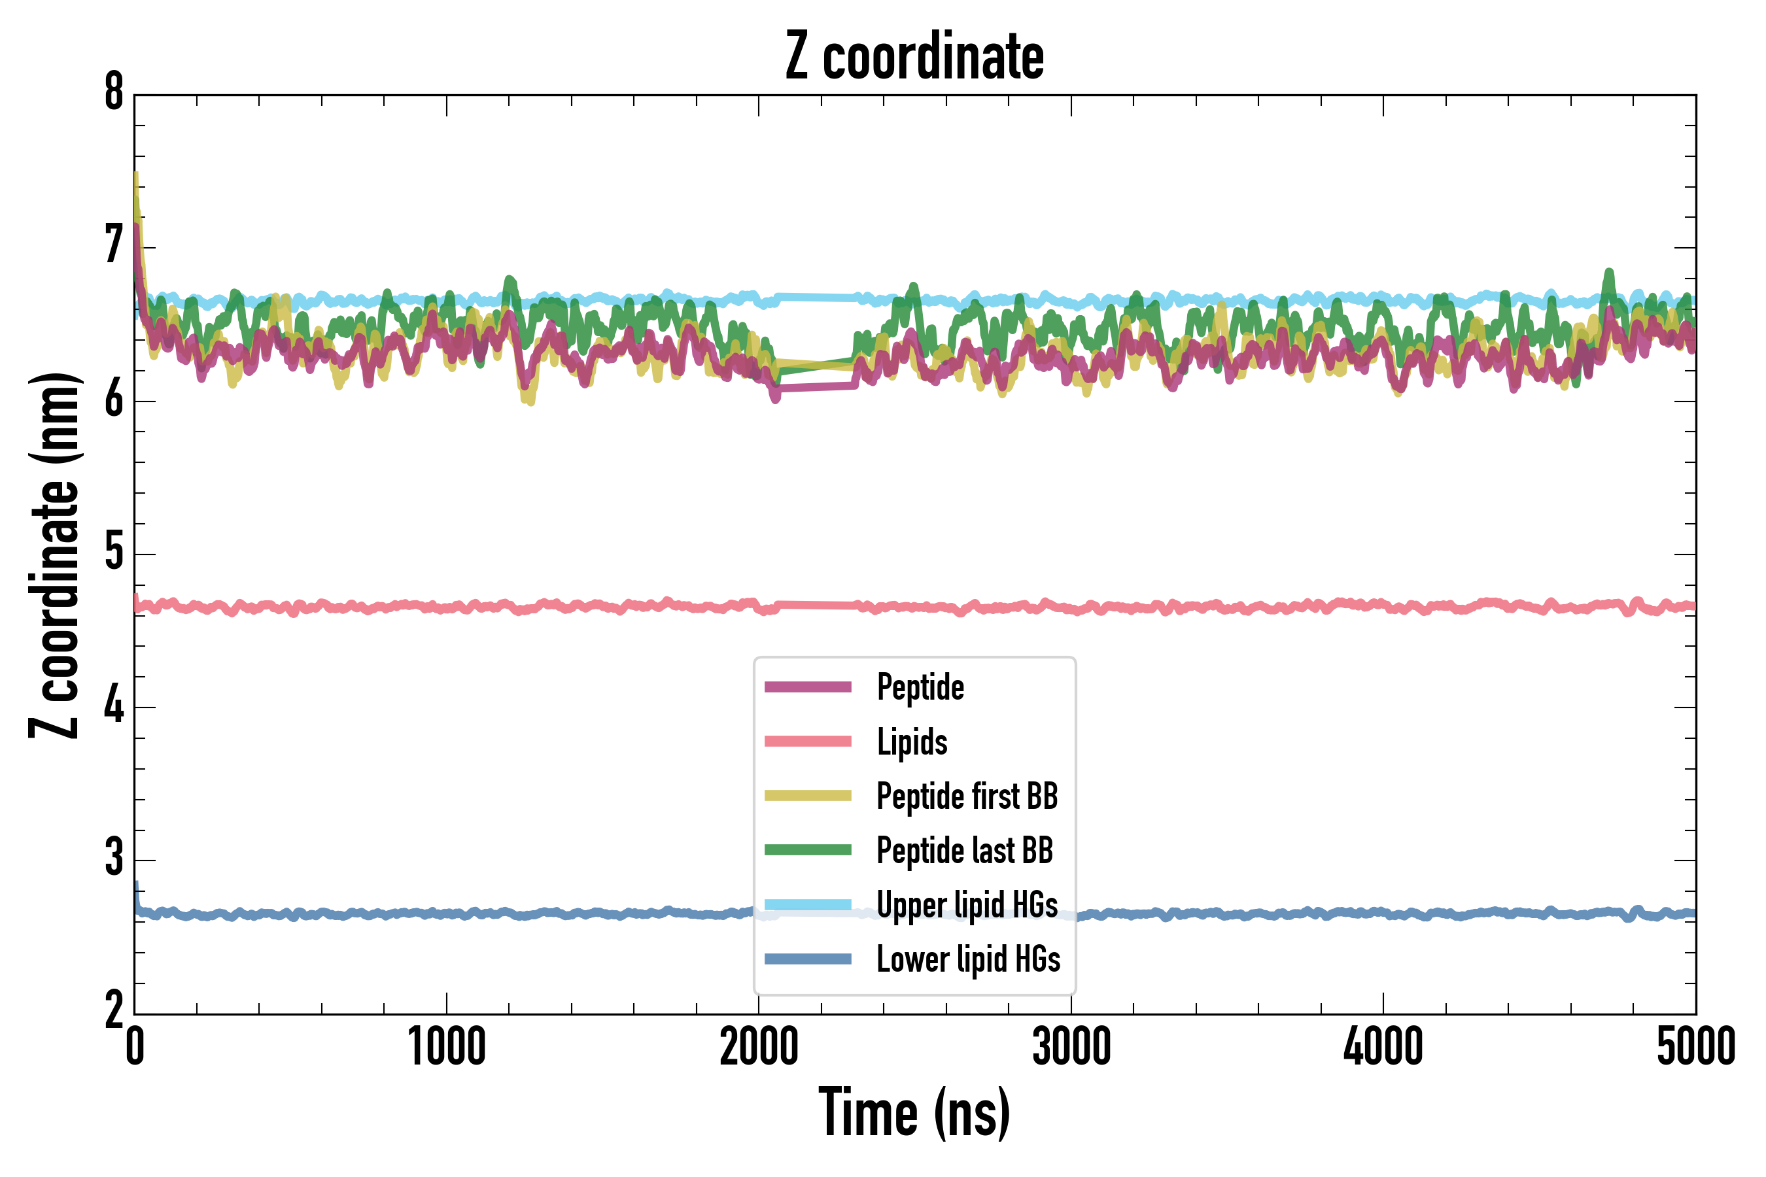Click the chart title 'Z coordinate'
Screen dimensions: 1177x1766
[914, 57]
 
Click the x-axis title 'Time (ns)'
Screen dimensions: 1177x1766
[914, 1113]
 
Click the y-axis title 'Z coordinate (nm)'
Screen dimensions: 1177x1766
[54, 554]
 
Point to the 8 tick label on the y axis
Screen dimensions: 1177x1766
[114, 93]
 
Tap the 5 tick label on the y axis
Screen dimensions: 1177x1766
[114, 554]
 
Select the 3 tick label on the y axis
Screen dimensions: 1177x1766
[114, 859]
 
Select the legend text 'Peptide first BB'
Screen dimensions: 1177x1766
[967, 796]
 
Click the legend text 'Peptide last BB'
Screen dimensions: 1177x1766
[965, 851]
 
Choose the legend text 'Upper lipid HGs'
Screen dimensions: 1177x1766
[967, 904]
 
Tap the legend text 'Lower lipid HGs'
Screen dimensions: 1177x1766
[969, 959]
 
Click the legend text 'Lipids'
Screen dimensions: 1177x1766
[912, 742]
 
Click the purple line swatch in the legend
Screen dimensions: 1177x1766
[808, 687]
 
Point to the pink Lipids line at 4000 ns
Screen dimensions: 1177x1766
[1383, 605]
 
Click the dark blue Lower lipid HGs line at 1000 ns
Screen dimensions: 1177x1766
[447, 913]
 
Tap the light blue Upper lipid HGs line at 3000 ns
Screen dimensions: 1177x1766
[1071, 303]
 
